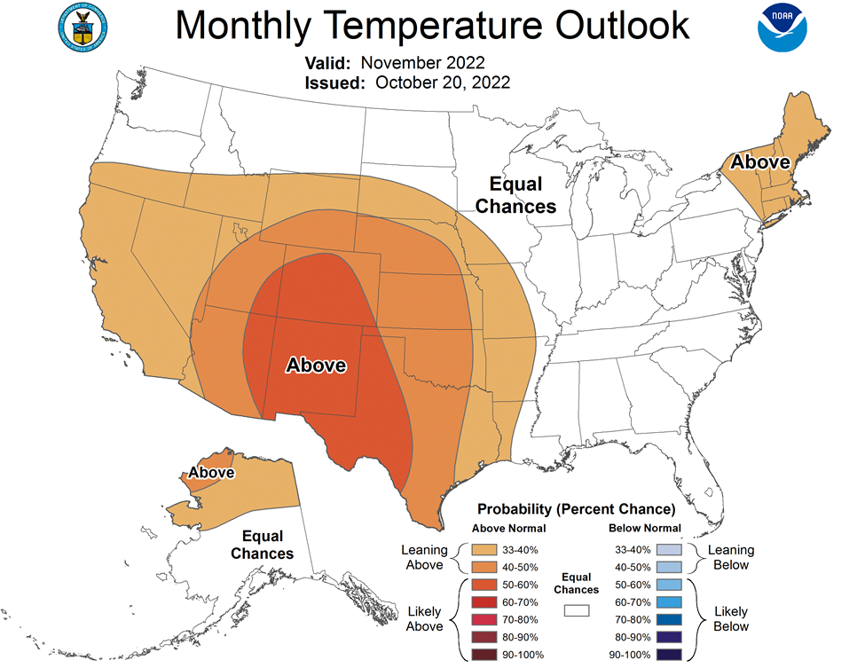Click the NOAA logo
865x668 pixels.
pos(782,28)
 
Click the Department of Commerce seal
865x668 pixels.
pos(83,28)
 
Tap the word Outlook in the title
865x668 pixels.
pos(622,26)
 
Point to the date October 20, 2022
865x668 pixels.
pos(443,83)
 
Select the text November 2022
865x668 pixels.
pos(422,62)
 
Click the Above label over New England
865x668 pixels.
pos(760,161)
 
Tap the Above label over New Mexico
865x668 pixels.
pos(316,365)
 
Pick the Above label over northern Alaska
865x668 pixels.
pos(211,472)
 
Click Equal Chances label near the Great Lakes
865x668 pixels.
pos(515,194)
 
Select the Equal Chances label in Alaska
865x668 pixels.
pos(262,545)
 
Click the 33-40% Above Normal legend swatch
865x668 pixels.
pos(484,549)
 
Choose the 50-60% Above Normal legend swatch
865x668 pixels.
pos(484,585)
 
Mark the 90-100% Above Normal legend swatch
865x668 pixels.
pos(484,655)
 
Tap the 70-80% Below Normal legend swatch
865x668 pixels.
pos(669,619)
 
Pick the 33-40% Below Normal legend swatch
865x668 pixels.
pos(669,549)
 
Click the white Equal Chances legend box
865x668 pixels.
pos(577,610)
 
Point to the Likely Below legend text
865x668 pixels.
pos(731,619)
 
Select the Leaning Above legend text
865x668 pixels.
pos(424,557)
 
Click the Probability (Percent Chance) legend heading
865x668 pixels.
pos(577,508)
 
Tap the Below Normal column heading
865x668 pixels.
pos(645,528)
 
